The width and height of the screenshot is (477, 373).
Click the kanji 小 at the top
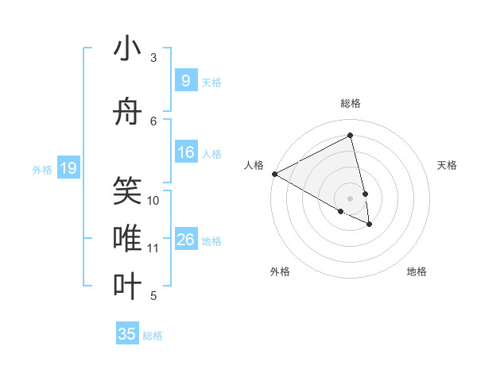(127, 49)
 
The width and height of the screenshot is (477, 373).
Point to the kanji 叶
(127, 286)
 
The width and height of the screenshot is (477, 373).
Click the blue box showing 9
(185, 81)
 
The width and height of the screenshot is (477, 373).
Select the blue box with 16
(185, 152)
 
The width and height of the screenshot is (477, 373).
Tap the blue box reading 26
(185, 240)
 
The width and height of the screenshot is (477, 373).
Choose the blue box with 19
(68, 168)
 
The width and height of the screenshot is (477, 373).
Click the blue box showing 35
(127, 334)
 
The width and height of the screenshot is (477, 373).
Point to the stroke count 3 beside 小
(153, 58)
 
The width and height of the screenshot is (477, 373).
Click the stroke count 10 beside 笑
(153, 201)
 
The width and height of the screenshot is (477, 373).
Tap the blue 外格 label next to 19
(42, 169)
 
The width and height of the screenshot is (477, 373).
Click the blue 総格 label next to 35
(153, 336)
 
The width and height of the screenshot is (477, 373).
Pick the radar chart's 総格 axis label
(350, 103)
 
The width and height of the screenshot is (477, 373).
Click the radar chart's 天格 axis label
(448, 165)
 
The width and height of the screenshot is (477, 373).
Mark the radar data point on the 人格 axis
(274, 174)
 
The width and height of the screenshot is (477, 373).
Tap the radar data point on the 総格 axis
(350, 136)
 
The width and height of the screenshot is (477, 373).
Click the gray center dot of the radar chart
(350, 198)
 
